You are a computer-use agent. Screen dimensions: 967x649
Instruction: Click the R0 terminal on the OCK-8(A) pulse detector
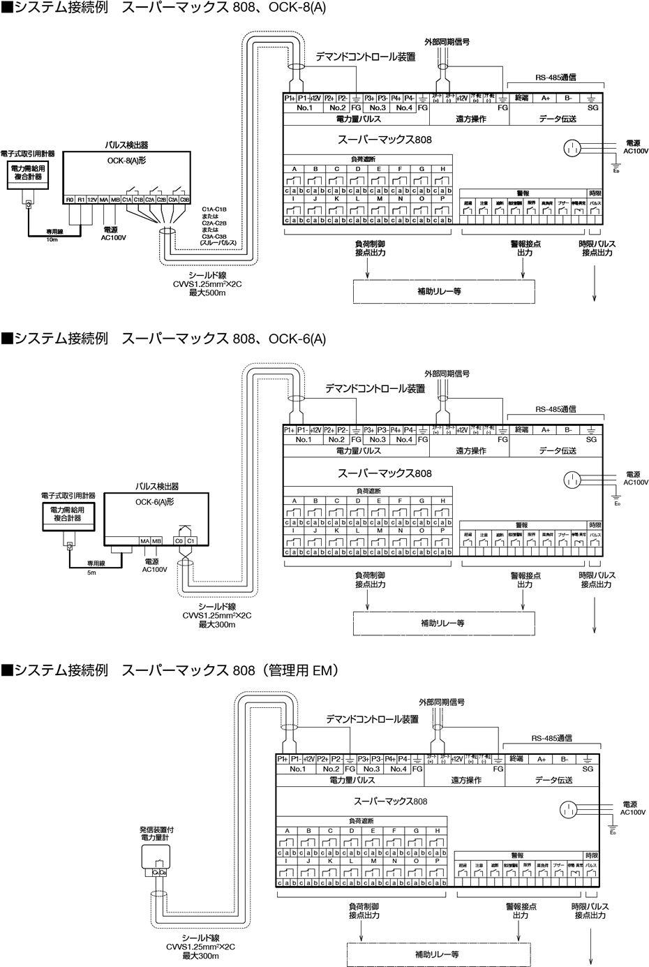pyautogui.click(x=70, y=200)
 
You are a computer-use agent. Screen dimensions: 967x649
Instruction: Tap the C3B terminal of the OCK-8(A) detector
pyautogui.click(x=184, y=200)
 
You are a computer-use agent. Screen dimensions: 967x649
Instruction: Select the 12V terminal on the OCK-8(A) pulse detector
pyautogui.click(x=92, y=200)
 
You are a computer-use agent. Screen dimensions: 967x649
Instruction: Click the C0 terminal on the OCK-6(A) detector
pyautogui.click(x=179, y=540)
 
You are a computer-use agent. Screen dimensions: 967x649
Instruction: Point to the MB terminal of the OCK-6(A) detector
pyautogui.click(x=156, y=540)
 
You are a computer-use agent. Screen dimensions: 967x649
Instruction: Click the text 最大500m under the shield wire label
pyautogui.click(x=208, y=293)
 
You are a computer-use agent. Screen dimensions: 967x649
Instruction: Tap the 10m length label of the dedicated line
pyautogui.click(x=52, y=239)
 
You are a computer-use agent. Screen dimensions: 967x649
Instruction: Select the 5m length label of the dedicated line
pyautogui.click(x=91, y=572)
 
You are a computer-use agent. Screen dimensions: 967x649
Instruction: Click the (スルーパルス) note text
pyautogui.click(x=219, y=242)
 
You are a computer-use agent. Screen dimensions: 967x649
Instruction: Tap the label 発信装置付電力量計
pyautogui.click(x=157, y=832)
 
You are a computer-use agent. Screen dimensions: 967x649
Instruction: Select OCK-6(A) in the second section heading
pyautogui.click(x=297, y=339)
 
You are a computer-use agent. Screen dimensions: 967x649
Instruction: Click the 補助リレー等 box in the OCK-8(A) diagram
pyautogui.click(x=443, y=292)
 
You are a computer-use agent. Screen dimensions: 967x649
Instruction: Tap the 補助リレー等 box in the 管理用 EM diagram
pyautogui.click(x=437, y=954)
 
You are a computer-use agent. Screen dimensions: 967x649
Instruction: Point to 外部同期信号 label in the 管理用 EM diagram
pyautogui.click(x=441, y=702)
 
